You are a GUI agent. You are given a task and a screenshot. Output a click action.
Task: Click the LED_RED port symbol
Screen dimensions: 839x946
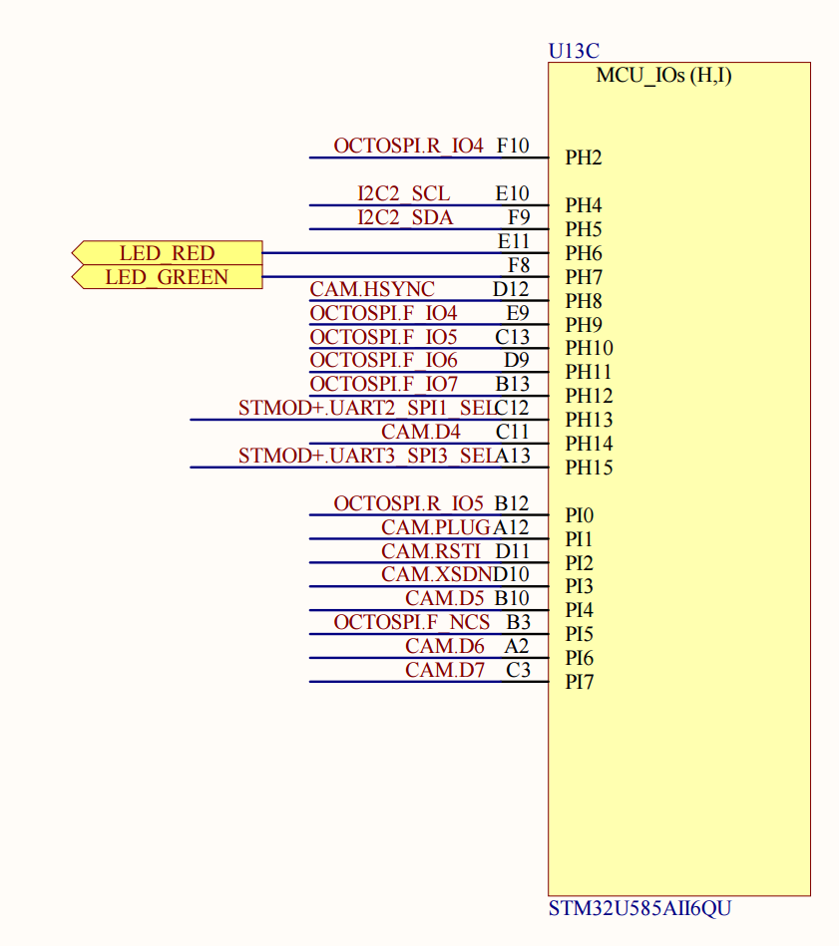click(168, 253)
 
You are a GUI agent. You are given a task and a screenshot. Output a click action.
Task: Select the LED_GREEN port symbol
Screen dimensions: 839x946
click(168, 277)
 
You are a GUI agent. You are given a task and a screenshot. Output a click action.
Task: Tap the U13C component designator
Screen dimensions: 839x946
click(574, 51)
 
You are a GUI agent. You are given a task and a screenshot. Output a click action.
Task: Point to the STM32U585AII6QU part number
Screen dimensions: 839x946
click(639, 908)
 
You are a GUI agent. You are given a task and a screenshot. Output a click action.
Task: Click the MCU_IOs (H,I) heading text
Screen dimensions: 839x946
click(664, 76)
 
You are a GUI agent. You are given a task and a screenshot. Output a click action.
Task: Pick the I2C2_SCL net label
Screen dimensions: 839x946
click(404, 193)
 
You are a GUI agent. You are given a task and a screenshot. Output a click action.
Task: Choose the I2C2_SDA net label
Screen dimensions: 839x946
click(405, 217)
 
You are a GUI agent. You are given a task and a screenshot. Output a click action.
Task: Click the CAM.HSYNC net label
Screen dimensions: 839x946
click(372, 289)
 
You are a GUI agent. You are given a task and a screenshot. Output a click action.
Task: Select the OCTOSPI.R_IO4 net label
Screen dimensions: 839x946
click(409, 146)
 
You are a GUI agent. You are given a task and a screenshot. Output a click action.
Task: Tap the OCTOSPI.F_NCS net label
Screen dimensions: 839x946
click(412, 622)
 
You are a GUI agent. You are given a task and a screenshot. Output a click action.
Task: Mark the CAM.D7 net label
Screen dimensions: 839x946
click(445, 670)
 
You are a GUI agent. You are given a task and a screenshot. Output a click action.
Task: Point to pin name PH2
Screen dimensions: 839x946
click(584, 158)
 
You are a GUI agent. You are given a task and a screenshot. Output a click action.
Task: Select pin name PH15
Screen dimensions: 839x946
click(590, 468)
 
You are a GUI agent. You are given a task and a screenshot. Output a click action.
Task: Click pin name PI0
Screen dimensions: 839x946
click(580, 515)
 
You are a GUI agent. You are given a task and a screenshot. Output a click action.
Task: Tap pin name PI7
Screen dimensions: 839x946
click(580, 682)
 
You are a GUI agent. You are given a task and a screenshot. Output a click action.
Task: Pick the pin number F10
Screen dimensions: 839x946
click(513, 146)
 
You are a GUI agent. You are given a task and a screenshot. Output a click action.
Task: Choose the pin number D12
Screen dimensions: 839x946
click(511, 289)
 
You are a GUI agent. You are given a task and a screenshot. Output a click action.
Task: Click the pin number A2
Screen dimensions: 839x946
click(517, 646)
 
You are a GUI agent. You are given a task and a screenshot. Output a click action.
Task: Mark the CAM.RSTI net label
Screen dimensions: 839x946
click(431, 551)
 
